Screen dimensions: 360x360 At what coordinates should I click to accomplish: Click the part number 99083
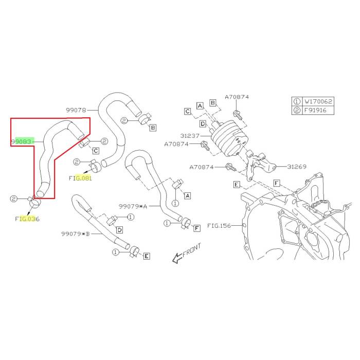click(22, 141)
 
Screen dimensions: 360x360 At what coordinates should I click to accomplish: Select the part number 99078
click(76, 110)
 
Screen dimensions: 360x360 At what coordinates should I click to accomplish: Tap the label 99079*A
click(133, 206)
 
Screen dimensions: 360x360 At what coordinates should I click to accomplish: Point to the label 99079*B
click(75, 233)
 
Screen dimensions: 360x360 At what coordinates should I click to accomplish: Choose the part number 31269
click(297, 167)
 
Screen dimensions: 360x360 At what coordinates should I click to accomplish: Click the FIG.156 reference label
click(219, 226)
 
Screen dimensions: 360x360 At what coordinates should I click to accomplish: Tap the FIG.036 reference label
click(27, 219)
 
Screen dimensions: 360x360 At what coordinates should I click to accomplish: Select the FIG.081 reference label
click(80, 178)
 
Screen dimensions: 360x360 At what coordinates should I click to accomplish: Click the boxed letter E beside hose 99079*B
click(146, 256)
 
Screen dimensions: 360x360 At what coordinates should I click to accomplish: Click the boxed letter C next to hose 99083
click(96, 151)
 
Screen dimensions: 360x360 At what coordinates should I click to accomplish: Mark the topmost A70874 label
click(237, 97)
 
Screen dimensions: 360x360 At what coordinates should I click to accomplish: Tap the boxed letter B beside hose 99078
click(154, 127)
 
